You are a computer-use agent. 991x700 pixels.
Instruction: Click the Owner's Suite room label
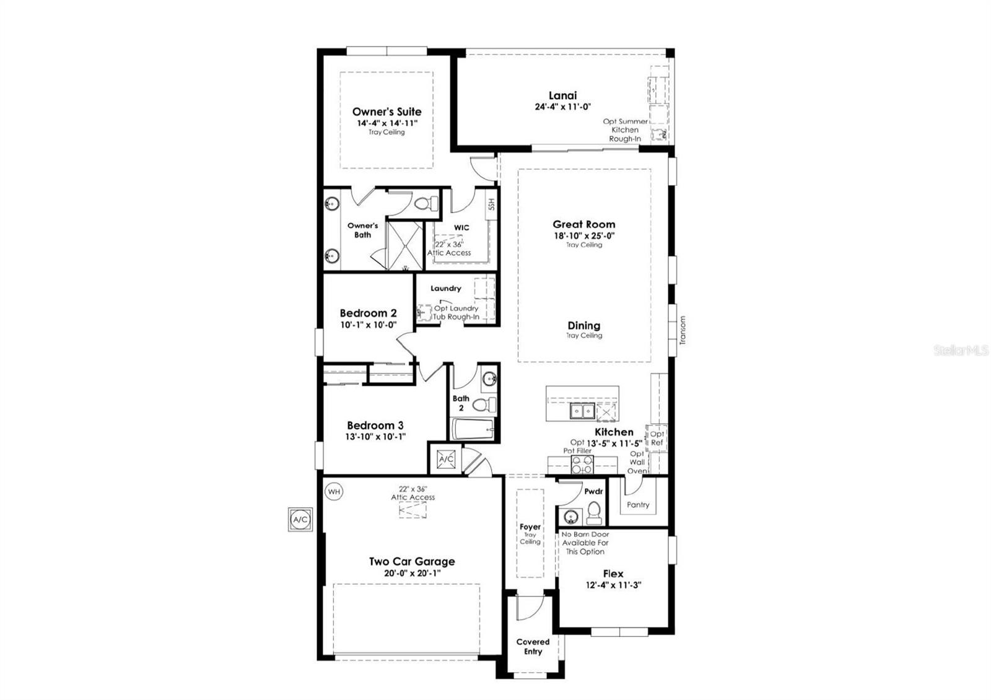click(386, 112)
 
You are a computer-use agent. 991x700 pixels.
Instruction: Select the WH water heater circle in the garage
click(334, 492)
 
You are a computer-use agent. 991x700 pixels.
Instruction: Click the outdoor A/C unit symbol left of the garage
click(300, 520)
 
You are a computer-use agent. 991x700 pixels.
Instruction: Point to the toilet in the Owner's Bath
click(426, 204)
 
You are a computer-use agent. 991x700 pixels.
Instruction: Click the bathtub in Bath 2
click(473, 429)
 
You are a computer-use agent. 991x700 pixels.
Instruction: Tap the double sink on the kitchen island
click(582, 410)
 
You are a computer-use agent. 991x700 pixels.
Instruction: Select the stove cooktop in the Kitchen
click(582, 464)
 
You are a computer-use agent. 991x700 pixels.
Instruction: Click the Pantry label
click(638, 505)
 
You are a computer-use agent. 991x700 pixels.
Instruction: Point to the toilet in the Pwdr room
click(593, 513)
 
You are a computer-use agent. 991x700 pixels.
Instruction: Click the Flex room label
click(613, 574)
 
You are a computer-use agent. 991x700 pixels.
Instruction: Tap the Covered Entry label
click(533, 646)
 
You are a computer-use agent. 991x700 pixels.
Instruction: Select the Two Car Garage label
click(412, 561)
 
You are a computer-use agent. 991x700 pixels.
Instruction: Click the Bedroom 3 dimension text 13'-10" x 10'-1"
click(375, 436)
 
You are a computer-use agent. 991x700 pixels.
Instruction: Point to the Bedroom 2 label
click(368, 313)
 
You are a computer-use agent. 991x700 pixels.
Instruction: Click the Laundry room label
click(446, 288)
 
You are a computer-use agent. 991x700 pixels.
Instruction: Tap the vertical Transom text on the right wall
click(683, 330)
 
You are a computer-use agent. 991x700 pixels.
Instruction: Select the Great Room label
click(584, 224)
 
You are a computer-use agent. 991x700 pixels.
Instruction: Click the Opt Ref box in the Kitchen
click(657, 438)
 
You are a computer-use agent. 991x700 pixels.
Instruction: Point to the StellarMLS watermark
click(961, 351)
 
